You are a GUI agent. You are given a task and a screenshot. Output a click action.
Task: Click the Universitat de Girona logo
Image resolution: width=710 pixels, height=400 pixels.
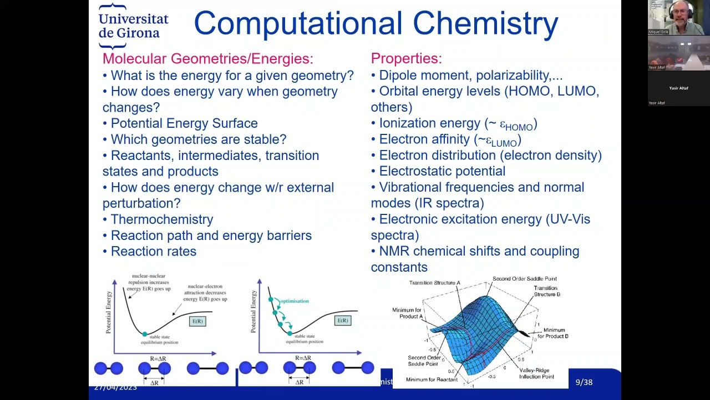tap(133, 26)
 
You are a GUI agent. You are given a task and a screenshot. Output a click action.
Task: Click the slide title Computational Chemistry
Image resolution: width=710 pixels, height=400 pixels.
tap(376, 24)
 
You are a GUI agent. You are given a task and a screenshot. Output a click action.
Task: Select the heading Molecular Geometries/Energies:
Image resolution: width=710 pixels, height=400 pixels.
tap(207, 59)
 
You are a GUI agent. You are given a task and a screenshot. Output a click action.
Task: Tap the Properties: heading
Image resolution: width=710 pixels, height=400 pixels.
tap(406, 59)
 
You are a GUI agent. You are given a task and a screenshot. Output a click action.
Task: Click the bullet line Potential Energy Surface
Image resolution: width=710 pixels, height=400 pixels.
tap(184, 123)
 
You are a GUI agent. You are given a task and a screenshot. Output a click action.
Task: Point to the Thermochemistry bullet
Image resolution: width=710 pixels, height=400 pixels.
tap(161, 219)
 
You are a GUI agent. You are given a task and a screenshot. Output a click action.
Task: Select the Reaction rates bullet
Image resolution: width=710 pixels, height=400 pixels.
tap(153, 252)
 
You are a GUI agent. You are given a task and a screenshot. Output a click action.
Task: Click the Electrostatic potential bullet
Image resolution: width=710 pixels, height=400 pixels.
tap(442, 171)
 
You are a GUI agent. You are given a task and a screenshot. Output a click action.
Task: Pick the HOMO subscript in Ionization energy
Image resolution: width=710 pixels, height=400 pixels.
tap(519, 128)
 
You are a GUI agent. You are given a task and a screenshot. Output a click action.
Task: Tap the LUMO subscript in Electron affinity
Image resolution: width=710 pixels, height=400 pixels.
tap(504, 143)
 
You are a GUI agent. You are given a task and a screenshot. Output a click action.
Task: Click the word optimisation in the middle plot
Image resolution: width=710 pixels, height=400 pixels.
tap(294, 301)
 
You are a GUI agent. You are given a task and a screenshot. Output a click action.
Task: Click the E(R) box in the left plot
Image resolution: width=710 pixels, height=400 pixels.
tap(197, 321)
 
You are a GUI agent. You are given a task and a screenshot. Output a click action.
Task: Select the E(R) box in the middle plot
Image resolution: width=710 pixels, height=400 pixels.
tap(343, 321)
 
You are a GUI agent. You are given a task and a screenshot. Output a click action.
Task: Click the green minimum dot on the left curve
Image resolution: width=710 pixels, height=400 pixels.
tap(145, 334)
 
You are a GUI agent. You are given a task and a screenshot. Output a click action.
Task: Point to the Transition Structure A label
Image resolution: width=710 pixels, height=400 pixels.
tap(434, 283)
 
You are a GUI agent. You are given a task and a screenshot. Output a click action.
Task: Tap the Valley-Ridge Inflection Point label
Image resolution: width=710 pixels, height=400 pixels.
tap(536, 373)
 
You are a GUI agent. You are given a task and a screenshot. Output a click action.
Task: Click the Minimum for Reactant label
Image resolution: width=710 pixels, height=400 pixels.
tap(432, 379)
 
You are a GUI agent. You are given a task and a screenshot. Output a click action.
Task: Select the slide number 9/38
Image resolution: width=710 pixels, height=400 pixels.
tap(584, 382)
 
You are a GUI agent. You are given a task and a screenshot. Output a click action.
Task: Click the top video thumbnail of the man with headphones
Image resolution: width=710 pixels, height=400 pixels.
tap(678, 17)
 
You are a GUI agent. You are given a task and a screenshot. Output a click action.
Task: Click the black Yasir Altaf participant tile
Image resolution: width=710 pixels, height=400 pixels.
tap(678, 88)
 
